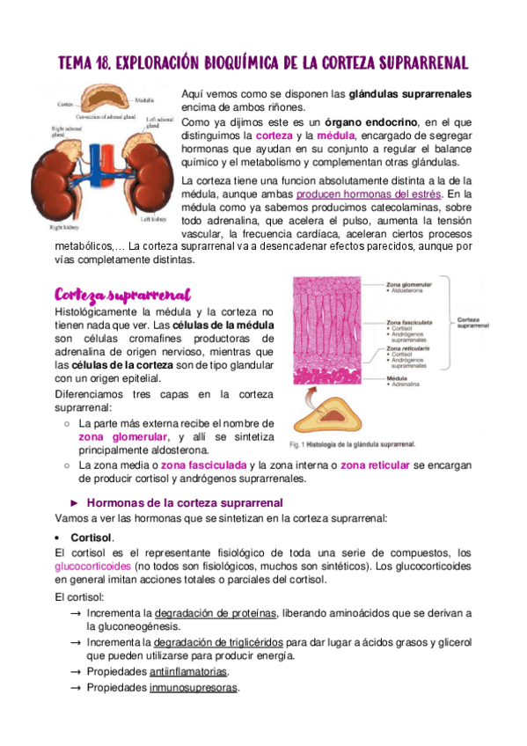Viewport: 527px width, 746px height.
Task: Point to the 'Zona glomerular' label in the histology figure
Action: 409,286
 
